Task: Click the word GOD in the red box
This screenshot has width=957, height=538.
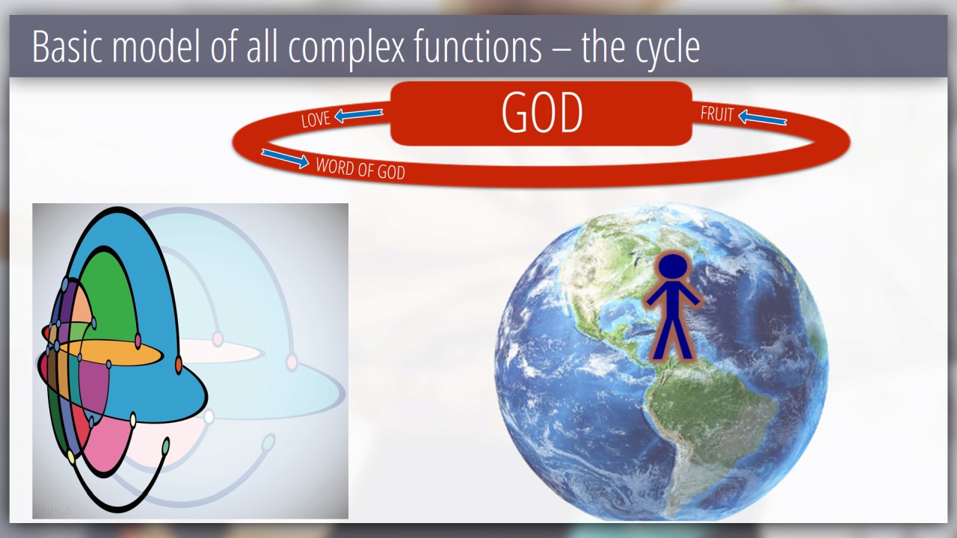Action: pyautogui.click(x=542, y=113)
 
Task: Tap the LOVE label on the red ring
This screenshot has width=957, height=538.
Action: pyautogui.click(x=316, y=120)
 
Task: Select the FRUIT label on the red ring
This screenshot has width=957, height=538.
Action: pyautogui.click(x=717, y=114)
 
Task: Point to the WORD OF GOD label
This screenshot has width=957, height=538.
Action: pyautogui.click(x=360, y=169)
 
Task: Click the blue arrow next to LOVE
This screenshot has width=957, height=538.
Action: pyautogui.click(x=358, y=115)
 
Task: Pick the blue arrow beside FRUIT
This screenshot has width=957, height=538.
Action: pyautogui.click(x=762, y=117)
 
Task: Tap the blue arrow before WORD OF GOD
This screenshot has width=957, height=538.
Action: pyautogui.click(x=285, y=158)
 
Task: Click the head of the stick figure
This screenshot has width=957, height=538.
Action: pyautogui.click(x=673, y=268)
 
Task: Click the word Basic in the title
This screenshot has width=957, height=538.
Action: pyautogui.click(x=67, y=46)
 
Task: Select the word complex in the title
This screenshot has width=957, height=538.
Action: pyautogui.click(x=346, y=48)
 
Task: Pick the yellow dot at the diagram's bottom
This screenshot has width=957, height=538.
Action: pyautogui.click(x=71, y=457)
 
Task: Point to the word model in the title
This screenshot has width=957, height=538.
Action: pyautogui.click(x=156, y=46)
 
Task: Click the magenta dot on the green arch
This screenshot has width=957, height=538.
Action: pyautogui.click(x=138, y=341)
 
